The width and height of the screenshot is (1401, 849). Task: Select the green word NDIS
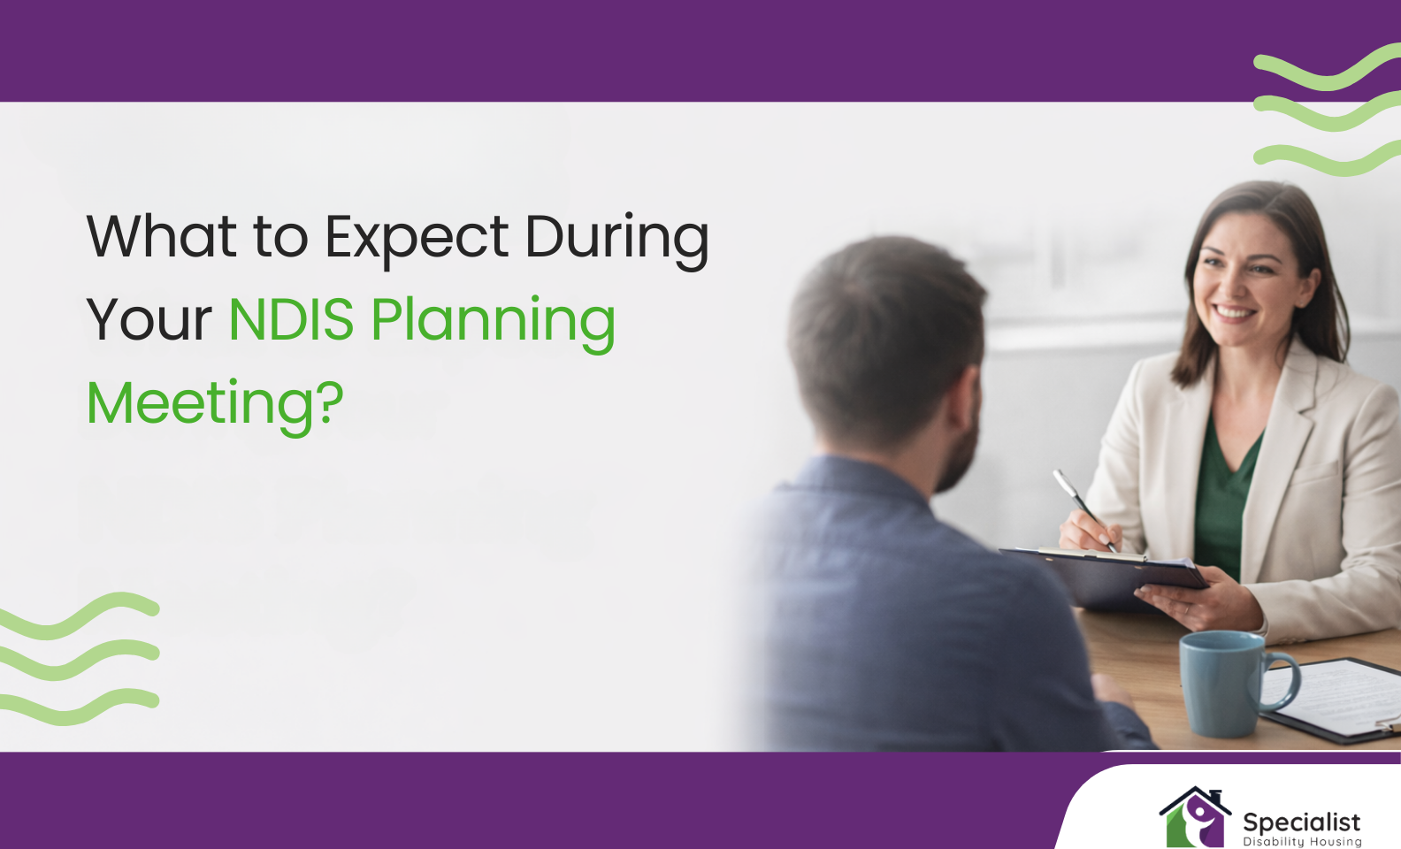(291, 319)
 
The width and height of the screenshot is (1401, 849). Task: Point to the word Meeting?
(215, 403)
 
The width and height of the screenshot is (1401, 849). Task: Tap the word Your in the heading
(149, 319)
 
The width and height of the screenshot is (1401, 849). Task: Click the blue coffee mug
(1224, 683)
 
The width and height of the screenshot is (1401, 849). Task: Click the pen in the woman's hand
(1082, 507)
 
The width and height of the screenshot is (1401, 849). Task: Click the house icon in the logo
(1195, 818)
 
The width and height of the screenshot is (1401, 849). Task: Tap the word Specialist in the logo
(1301, 822)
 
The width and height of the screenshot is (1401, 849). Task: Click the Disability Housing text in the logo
(1302, 842)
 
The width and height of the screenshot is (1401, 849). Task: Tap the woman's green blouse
(1225, 495)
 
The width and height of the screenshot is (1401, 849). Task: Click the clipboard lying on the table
(1336, 699)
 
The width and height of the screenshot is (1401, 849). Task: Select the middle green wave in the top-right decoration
(1327, 113)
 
